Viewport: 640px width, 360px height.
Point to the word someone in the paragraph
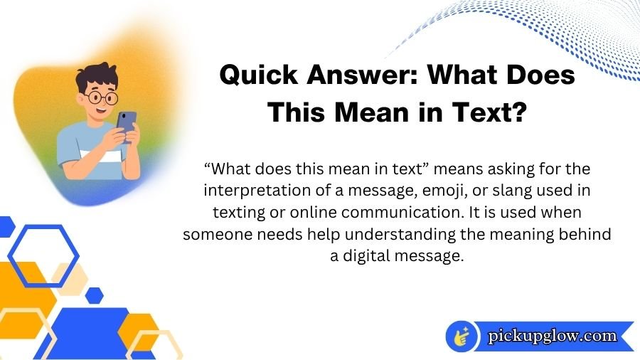(214, 235)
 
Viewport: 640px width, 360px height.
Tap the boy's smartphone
(127, 122)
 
